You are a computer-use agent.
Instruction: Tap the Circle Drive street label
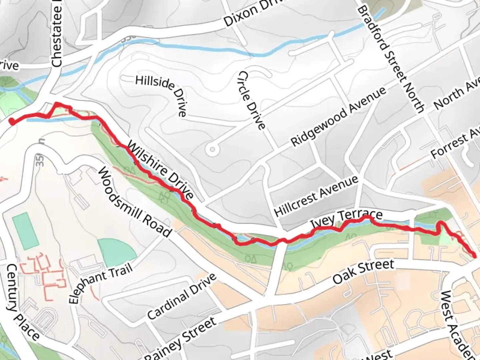[x=252, y=100]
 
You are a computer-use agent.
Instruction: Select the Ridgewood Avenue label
[x=338, y=117]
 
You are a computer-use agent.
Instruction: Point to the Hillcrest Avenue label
[x=316, y=196]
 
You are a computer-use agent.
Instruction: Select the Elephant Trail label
[x=101, y=283]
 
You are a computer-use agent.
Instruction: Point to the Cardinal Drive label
[x=182, y=297]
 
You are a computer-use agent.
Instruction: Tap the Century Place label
[x=23, y=302]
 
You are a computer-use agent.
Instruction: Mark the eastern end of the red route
[x=474, y=256]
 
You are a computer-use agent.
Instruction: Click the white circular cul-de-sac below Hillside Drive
[x=212, y=150]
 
